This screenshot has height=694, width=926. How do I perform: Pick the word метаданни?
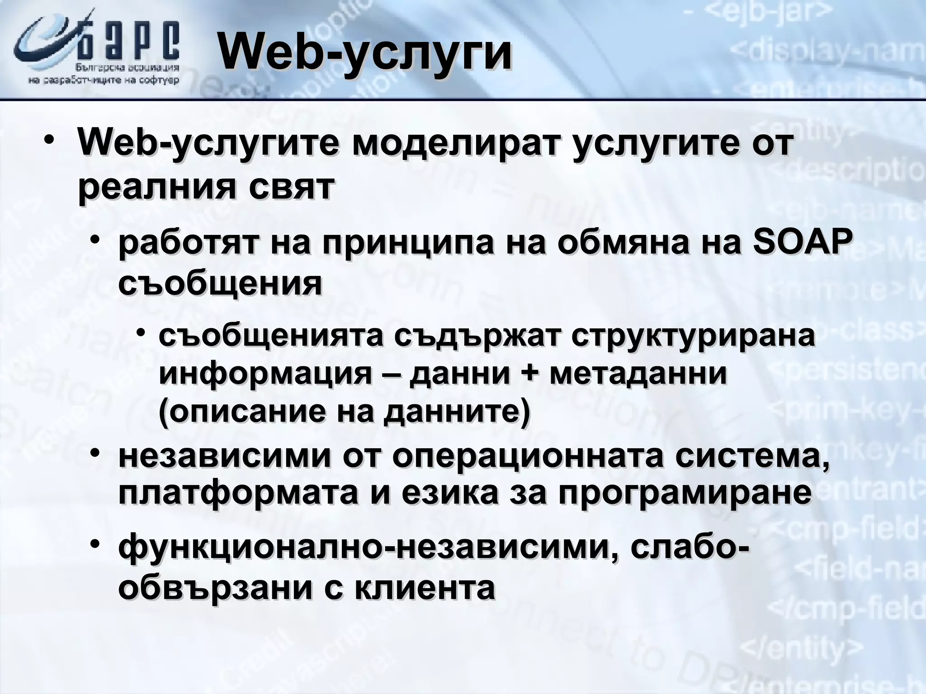coord(638,374)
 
